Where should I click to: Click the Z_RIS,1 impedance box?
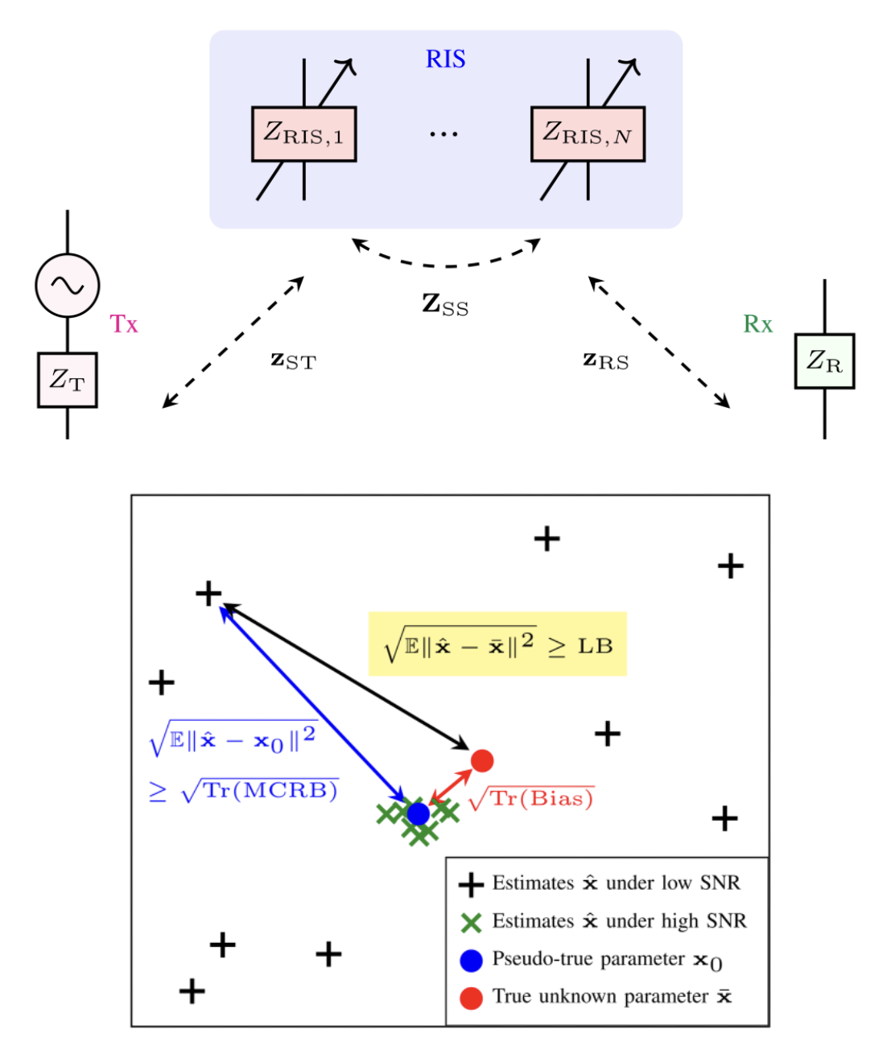(x=303, y=134)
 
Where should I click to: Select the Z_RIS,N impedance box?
(x=588, y=134)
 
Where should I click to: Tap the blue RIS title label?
(x=445, y=60)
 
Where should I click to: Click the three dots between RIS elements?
(x=443, y=134)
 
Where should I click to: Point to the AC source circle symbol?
(x=68, y=285)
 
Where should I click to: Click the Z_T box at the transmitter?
(x=68, y=380)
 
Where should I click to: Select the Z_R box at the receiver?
(x=824, y=361)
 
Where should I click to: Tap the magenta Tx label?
(x=124, y=324)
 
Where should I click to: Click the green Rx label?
(x=757, y=324)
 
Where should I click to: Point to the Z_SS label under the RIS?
(x=445, y=305)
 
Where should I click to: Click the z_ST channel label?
(x=293, y=361)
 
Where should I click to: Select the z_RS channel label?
(x=605, y=361)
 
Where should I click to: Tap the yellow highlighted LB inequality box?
(x=497, y=644)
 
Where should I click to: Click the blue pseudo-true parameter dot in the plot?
(x=418, y=813)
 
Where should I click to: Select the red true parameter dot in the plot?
(x=481, y=760)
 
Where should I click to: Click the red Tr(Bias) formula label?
(x=531, y=799)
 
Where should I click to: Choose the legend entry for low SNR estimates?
(x=604, y=883)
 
